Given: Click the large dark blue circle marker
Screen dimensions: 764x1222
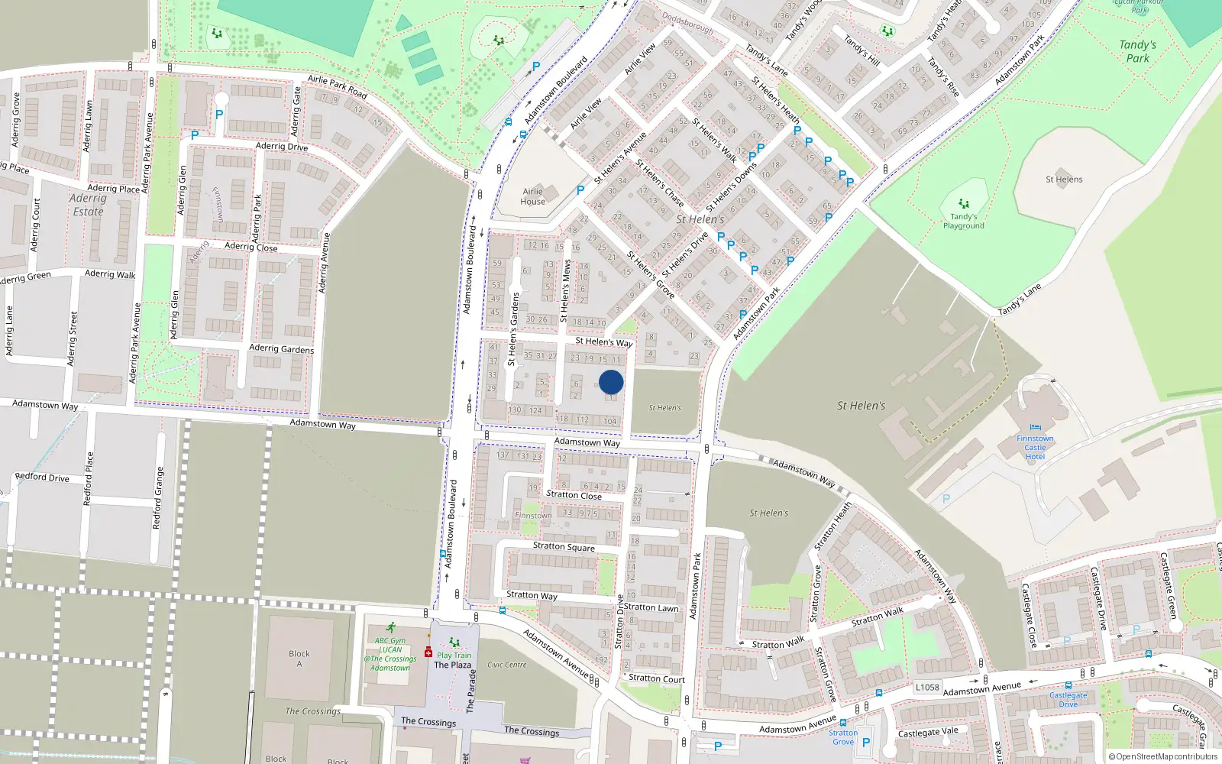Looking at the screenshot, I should (611, 382).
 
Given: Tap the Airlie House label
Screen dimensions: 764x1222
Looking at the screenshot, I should (533, 196).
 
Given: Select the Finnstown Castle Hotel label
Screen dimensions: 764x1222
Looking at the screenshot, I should (1035, 447).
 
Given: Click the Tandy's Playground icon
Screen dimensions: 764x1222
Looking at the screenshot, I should (964, 204).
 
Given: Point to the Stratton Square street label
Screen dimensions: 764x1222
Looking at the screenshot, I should (564, 546).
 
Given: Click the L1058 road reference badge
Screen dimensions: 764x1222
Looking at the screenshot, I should (927, 687).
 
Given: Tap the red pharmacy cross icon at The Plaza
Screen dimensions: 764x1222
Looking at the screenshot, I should (428, 653).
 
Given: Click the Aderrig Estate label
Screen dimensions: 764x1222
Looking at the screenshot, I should (88, 205).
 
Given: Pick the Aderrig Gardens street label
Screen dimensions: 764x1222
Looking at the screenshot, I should (281, 348).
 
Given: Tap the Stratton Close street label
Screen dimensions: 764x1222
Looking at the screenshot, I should (574, 495).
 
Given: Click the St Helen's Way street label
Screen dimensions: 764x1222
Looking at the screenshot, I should (603, 342).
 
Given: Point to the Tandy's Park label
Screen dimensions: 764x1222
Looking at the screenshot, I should (1137, 51).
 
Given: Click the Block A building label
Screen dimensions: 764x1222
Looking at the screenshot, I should (299, 658).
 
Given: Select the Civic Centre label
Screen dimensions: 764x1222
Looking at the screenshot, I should (506, 665).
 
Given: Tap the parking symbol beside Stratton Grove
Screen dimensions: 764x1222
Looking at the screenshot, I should (865, 742).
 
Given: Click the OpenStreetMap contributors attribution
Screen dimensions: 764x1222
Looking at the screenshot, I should (1163, 756).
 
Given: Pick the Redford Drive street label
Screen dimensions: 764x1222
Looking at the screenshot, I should (42, 477).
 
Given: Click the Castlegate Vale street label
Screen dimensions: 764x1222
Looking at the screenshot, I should (927, 732).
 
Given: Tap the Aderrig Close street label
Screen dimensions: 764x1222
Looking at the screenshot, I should (251, 247).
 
